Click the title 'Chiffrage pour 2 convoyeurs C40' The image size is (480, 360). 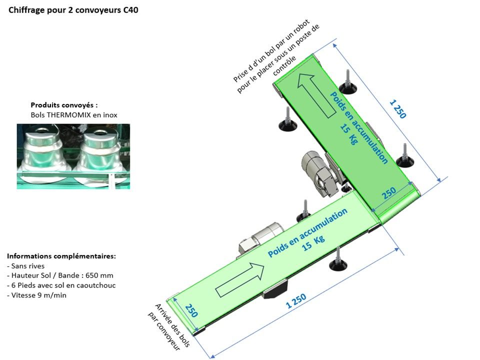70,10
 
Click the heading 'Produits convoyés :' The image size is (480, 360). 64,105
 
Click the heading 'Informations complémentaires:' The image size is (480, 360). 61,256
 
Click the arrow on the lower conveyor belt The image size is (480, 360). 239,280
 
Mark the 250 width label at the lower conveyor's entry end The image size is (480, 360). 191,311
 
